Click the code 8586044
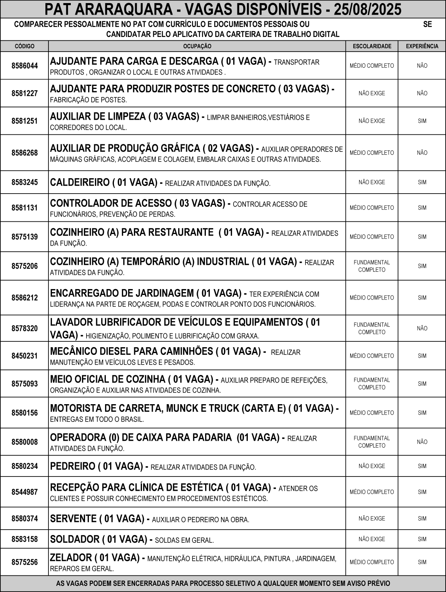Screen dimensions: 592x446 point(25,66)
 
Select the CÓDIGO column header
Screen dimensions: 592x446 point(25,46)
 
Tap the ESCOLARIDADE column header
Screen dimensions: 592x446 point(372,46)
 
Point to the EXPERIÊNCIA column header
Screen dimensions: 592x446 point(422,46)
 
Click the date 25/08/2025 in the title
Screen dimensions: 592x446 point(367,9)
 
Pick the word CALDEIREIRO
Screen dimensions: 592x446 point(80,182)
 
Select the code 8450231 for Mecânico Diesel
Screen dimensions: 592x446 point(25,356)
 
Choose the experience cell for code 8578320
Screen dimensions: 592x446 point(422,328)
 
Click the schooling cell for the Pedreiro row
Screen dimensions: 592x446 point(372,466)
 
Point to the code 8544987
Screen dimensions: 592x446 point(25,492)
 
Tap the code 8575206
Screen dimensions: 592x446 point(25,266)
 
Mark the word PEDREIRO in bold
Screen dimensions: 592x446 point(72,467)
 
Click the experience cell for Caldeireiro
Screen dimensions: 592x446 point(422,182)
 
